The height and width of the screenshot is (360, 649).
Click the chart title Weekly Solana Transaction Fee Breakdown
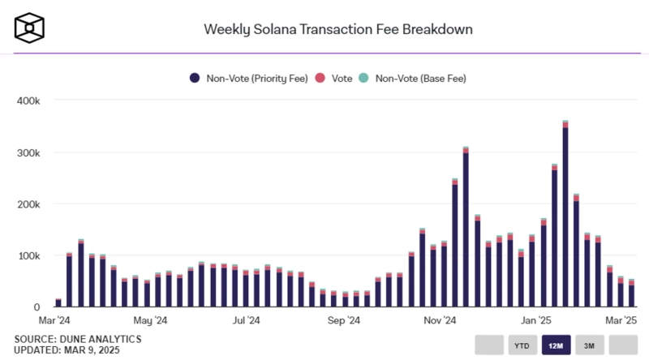[337, 29]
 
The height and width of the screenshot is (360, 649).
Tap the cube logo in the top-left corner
[28, 28]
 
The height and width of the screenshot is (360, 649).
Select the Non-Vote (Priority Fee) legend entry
[249, 78]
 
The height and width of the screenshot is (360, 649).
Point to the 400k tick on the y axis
[28, 101]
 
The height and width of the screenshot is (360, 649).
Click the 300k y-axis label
[28, 152]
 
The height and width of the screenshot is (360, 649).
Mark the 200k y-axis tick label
[28, 204]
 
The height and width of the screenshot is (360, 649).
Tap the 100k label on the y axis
[28, 256]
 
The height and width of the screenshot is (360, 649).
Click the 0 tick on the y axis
[37, 308]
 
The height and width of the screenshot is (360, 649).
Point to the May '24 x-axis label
[149, 321]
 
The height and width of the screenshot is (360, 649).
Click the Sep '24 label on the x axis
[342, 321]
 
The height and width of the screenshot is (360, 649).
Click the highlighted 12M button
[557, 345]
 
